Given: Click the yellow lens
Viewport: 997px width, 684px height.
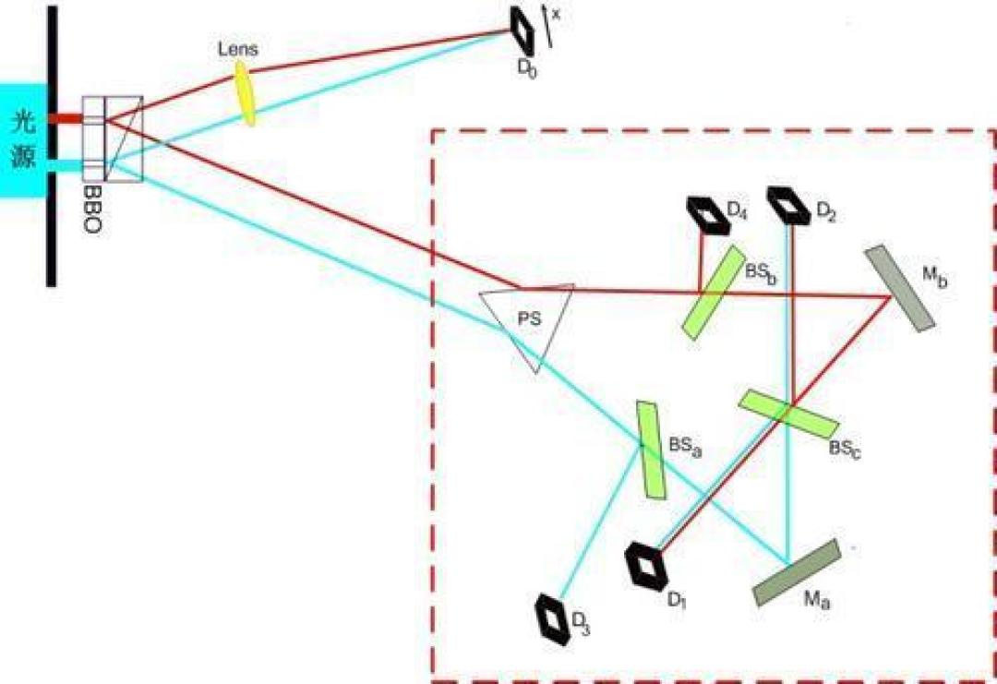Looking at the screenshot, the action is point(246,93).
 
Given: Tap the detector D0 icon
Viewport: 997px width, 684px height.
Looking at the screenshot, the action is point(523,30).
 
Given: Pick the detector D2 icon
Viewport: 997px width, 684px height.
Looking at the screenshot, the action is point(788,205).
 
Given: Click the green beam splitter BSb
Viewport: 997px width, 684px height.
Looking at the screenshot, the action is point(714,292).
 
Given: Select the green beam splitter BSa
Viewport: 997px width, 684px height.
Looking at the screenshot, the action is point(652,450).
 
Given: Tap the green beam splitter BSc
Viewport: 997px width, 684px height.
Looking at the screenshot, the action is point(788,414).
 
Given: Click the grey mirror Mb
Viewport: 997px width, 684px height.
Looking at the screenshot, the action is point(899,288).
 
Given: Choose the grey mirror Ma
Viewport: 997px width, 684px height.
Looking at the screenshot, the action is point(797,572).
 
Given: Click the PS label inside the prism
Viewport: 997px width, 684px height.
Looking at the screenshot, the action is point(529,319).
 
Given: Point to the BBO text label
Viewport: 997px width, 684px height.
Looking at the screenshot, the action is point(92,210).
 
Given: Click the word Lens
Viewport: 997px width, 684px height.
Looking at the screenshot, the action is point(238,50).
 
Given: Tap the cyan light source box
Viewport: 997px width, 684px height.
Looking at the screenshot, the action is point(23,140).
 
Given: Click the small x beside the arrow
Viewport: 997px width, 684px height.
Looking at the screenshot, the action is point(556,14).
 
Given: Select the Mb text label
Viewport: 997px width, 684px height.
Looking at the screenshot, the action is point(934,277).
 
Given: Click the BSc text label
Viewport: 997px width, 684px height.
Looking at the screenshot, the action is point(845,449).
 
